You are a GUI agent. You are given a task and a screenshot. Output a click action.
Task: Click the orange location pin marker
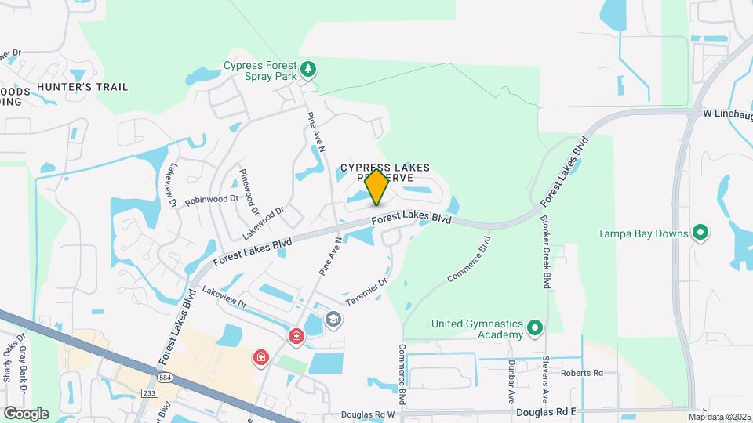377,186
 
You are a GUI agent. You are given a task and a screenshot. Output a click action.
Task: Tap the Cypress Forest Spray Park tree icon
310,69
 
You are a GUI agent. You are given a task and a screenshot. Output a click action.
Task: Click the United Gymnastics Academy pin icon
535,327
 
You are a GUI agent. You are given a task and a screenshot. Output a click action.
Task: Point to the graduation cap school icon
333,320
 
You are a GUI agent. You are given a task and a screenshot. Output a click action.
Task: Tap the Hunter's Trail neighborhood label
82,87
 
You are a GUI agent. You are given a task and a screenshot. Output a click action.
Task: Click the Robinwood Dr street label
212,200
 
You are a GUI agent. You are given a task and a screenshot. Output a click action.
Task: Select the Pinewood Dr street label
249,191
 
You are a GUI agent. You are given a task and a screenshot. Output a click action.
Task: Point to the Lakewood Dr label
262,222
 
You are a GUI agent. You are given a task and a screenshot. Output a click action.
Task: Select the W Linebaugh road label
727,114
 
